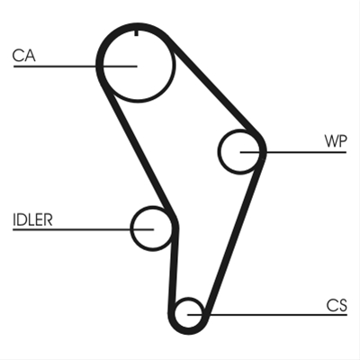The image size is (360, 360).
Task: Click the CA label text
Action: (x=24, y=56)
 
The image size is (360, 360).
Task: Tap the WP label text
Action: (x=336, y=141)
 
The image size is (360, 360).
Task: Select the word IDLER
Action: (x=32, y=220)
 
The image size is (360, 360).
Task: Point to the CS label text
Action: (x=337, y=305)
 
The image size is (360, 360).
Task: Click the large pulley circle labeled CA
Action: (x=173, y=66)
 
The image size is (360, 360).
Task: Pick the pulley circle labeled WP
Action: (x=219, y=151)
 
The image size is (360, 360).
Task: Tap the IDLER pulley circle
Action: (x=131, y=229)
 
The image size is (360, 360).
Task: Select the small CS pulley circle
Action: (x=175, y=314)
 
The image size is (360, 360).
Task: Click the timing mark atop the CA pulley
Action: (x=137, y=33)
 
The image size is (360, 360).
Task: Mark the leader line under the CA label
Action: (x=76, y=66)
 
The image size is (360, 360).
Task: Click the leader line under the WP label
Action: (x=293, y=152)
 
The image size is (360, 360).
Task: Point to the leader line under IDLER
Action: (x=83, y=229)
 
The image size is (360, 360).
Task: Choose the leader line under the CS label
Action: (x=267, y=315)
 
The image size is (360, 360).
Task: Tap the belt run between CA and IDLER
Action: (x=138, y=150)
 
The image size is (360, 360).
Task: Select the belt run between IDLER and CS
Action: (x=173, y=270)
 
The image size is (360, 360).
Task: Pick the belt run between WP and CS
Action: (x=235, y=237)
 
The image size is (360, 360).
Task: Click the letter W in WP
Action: (x=332, y=141)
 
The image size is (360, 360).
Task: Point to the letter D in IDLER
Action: (x=22, y=220)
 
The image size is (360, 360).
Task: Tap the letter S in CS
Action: (x=343, y=305)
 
